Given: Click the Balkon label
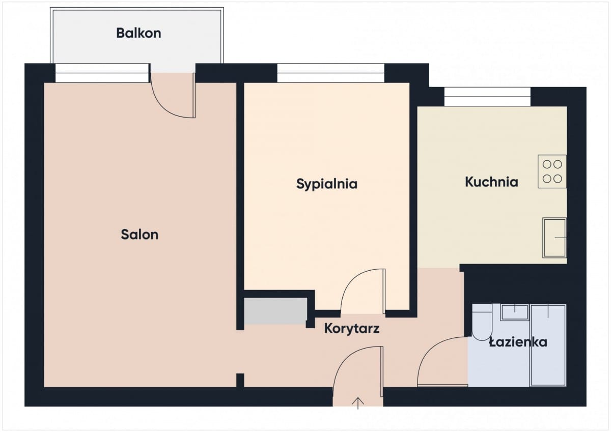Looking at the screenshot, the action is click(x=138, y=33).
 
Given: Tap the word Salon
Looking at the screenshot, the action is click(x=140, y=235).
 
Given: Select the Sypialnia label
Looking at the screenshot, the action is click(x=327, y=184).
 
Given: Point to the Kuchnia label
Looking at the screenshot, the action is click(x=491, y=182).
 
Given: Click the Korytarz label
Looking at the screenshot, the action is click(x=352, y=329).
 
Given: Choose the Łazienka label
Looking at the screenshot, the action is click(x=518, y=342).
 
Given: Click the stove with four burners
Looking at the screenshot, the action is click(x=552, y=171).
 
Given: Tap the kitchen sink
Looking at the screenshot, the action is click(x=554, y=238).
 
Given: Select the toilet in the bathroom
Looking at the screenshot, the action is click(x=482, y=323).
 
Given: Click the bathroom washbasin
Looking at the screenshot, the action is click(x=514, y=312).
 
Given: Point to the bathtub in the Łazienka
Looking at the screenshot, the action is click(x=548, y=345).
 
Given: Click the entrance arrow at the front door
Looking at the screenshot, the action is click(x=358, y=404).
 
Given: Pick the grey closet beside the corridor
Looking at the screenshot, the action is click(x=275, y=311).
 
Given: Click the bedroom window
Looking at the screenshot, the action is click(x=331, y=73).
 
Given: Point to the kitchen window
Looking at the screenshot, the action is click(x=487, y=97).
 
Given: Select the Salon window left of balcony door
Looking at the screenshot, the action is click(x=102, y=73).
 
